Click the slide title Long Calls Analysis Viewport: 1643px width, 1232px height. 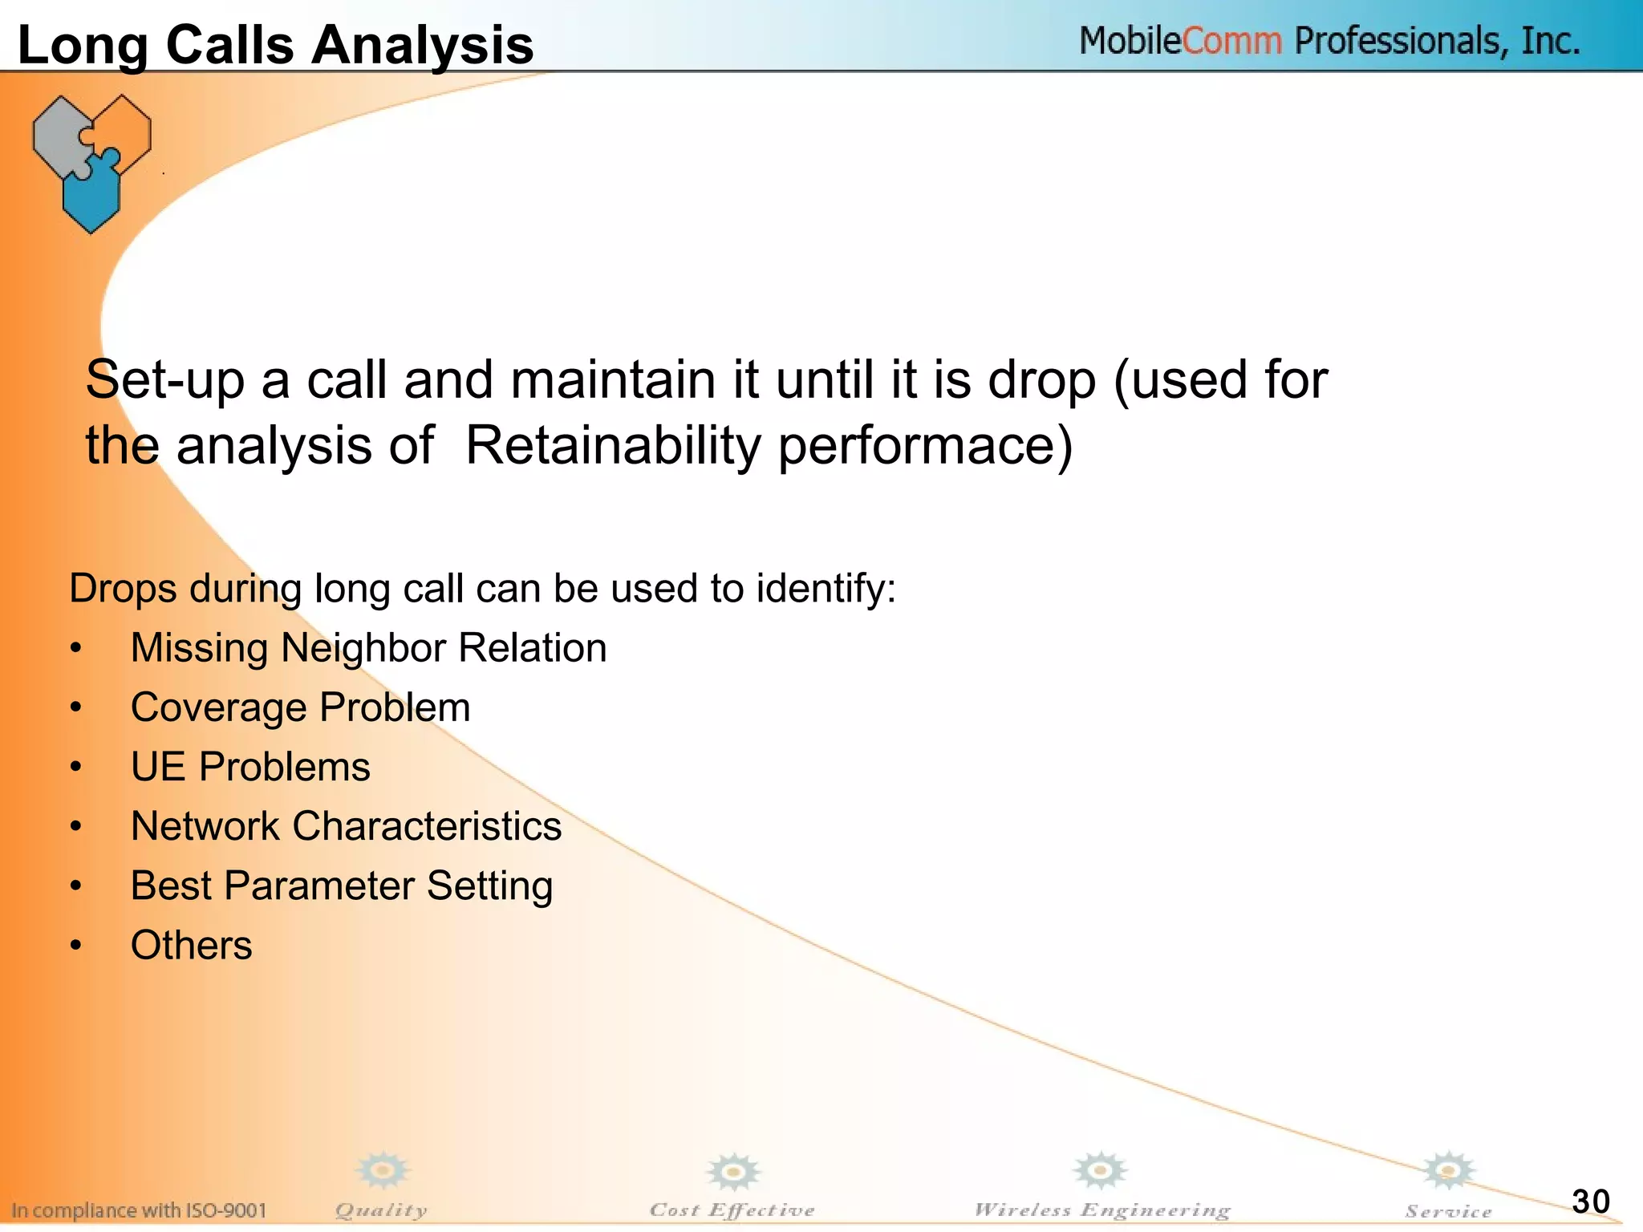tap(275, 44)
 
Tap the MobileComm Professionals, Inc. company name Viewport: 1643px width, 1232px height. tap(1329, 41)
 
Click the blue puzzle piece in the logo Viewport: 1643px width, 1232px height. tap(91, 192)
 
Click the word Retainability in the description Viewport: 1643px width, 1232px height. tap(612, 445)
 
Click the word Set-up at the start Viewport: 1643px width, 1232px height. tap(164, 379)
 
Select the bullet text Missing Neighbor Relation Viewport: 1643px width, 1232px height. tap(368, 648)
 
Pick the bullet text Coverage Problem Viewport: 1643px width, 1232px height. tap(300, 707)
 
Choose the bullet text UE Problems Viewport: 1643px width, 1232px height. tap(250, 767)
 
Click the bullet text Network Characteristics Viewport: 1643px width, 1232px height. tap(346, 826)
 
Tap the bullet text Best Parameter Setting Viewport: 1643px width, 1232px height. tap(342, 885)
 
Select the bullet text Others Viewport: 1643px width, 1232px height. tap(191, 945)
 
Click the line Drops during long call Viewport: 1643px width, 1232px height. tap(481, 588)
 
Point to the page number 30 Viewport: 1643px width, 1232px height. tap(1590, 1202)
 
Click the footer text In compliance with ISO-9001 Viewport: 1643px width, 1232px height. tap(139, 1210)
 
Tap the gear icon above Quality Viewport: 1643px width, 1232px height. tap(383, 1171)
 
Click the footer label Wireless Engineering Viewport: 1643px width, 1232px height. tap(1101, 1210)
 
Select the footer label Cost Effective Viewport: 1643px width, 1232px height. tap(732, 1210)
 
